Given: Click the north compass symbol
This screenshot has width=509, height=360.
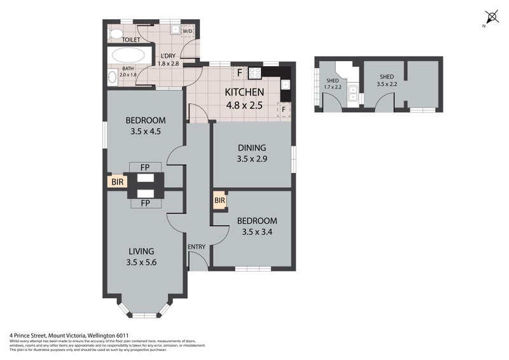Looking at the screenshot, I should [x=491, y=17].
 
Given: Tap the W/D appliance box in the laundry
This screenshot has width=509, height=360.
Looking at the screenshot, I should [x=188, y=31].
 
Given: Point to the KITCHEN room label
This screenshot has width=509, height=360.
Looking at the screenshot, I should [x=244, y=92].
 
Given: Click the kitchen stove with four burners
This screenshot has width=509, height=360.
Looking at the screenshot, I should [x=255, y=72].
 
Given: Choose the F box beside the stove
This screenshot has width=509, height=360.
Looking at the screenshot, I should [x=239, y=72].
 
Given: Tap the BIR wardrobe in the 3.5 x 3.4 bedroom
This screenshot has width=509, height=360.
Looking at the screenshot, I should [x=220, y=202].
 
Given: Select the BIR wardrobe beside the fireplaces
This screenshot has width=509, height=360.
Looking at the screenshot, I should [x=117, y=182].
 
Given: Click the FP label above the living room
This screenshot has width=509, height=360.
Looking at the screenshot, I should [x=144, y=204].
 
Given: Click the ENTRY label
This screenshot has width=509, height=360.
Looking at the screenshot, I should [x=197, y=247].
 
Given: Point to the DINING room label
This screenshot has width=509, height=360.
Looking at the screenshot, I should [x=251, y=148].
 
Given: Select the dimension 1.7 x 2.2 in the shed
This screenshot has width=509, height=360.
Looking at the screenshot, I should [x=332, y=87].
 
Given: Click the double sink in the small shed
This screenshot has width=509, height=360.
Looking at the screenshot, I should [x=351, y=94].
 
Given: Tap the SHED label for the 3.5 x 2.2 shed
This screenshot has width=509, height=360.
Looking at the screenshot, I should [x=387, y=76].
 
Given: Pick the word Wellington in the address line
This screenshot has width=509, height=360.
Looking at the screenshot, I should [x=106, y=335].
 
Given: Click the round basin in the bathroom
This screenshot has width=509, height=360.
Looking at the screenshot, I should [x=113, y=77].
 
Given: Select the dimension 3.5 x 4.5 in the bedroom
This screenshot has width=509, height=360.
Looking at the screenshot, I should [x=146, y=133].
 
